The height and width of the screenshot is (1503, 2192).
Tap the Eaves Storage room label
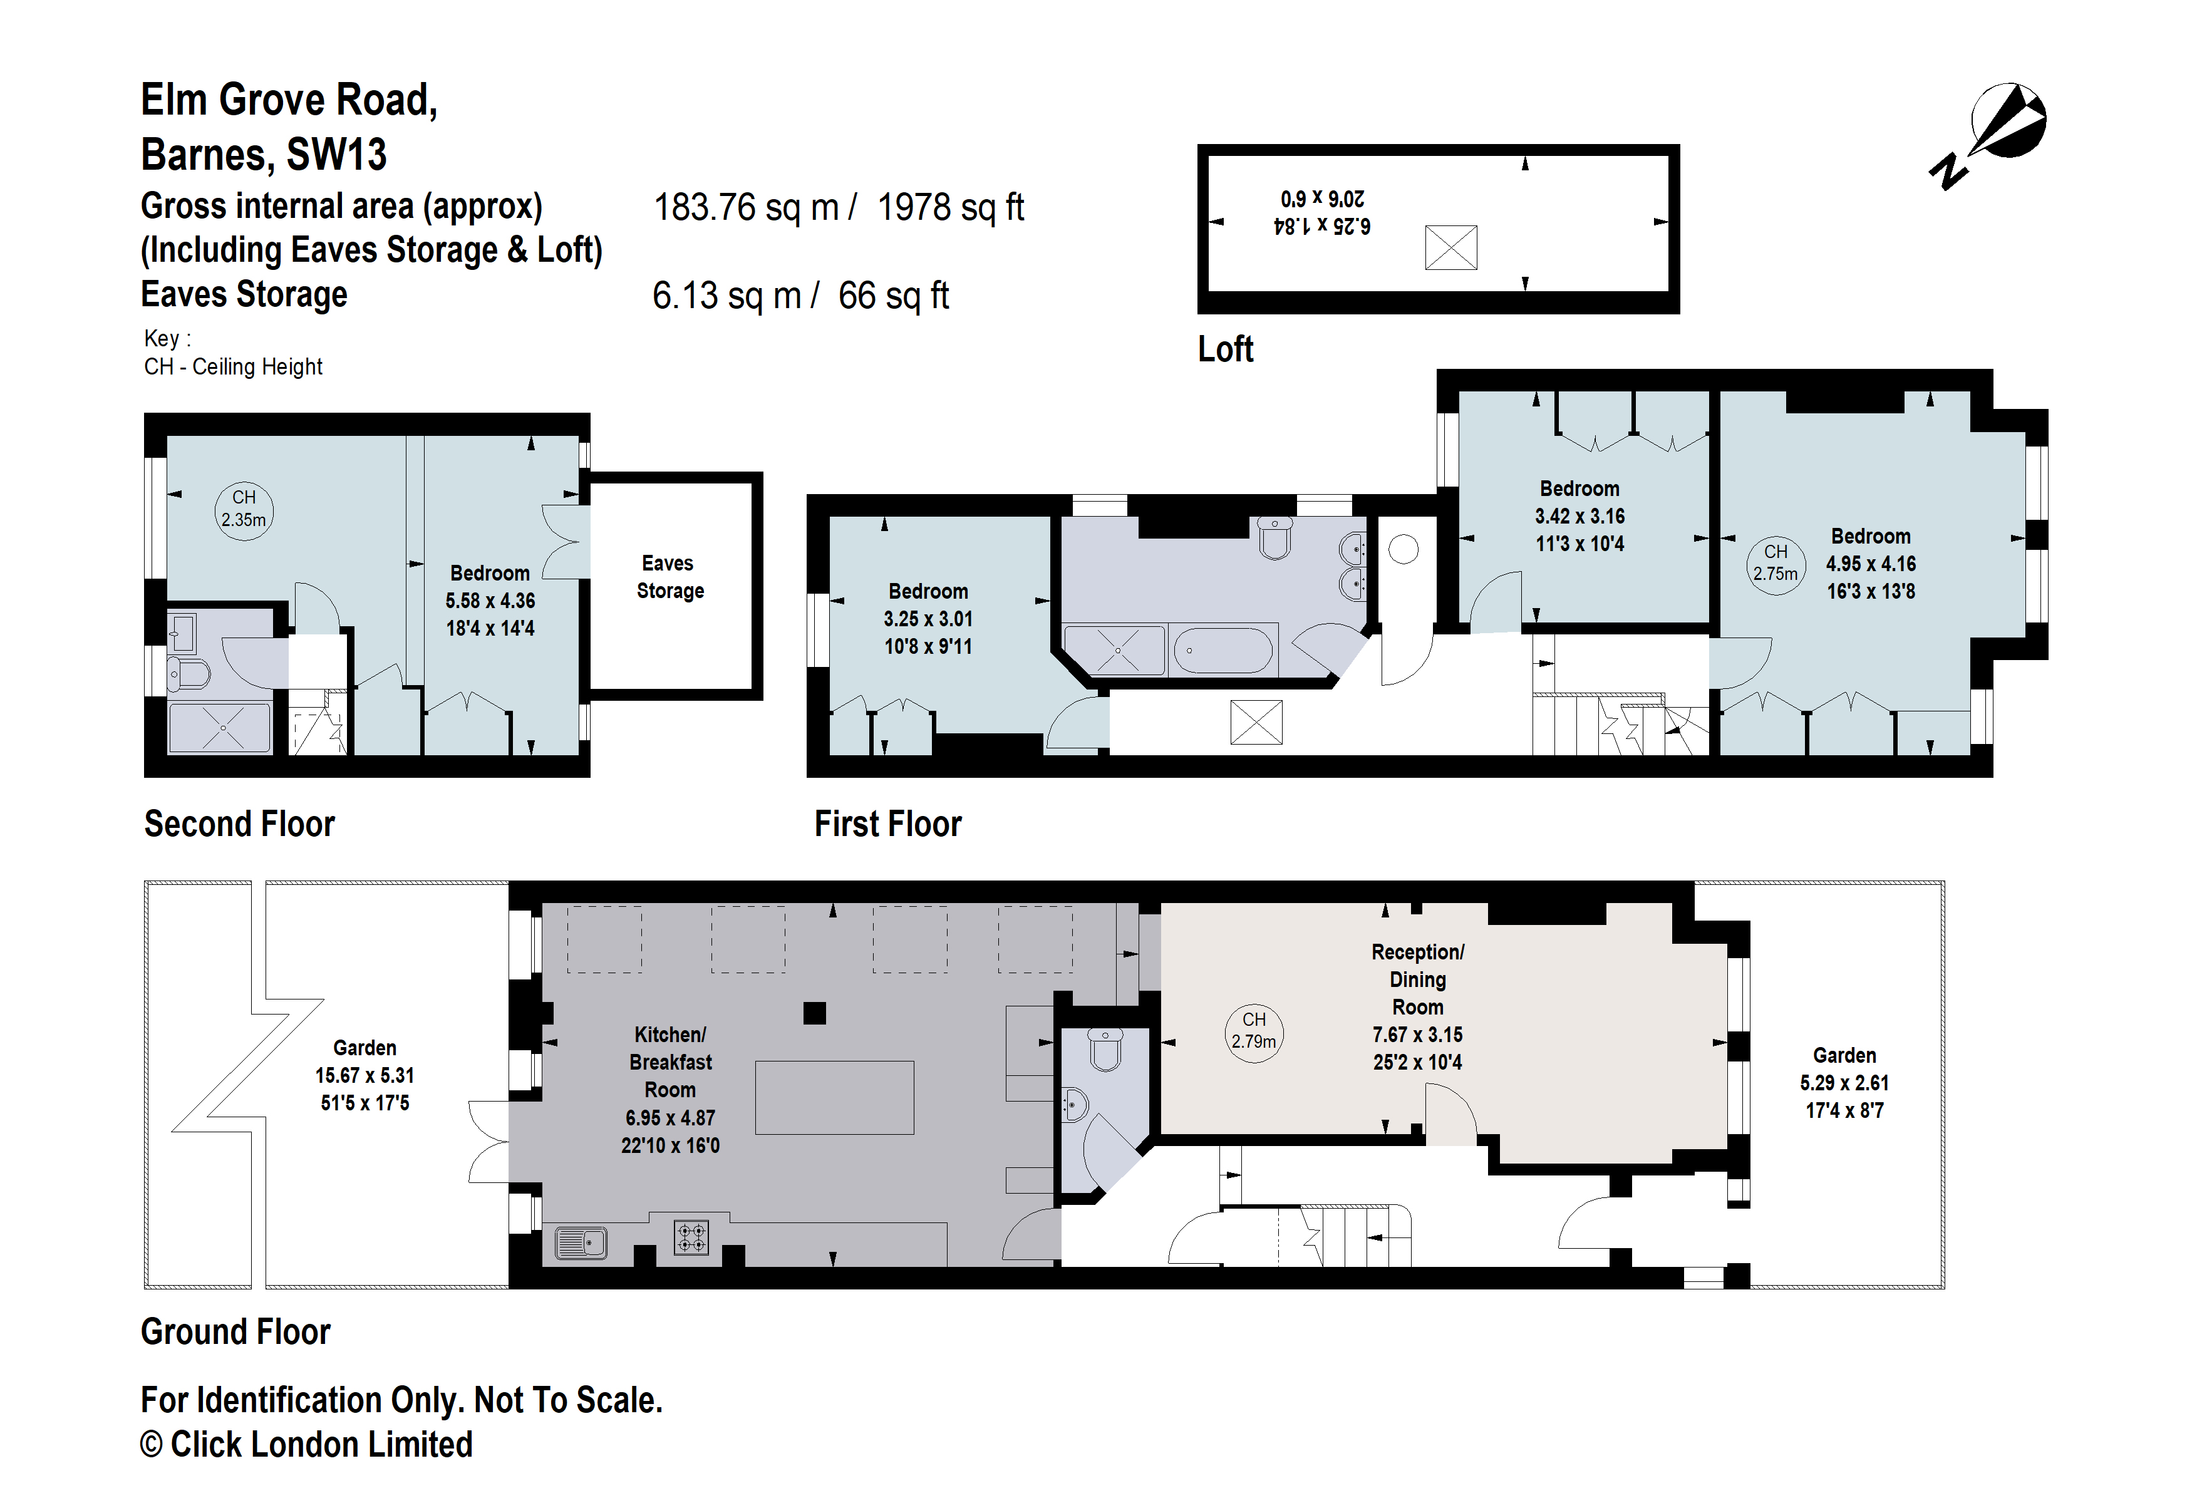point(669,577)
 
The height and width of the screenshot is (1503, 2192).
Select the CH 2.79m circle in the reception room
point(1254,1031)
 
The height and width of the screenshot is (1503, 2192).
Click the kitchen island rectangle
point(834,1098)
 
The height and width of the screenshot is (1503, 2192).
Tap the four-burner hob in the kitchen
point(691,1237)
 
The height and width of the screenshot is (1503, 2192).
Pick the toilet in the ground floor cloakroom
point(1105,1048)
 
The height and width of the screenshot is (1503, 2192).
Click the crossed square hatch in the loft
point(1450,248)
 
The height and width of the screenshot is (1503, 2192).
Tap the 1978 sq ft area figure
point(950,207)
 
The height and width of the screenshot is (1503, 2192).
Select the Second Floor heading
point(240,824)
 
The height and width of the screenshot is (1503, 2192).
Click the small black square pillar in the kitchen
point(815,1013)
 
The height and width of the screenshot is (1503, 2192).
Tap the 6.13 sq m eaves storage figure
point(726,296)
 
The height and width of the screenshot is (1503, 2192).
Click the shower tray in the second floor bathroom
point(220,728)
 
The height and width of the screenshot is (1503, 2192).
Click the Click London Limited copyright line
point(306,1445)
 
